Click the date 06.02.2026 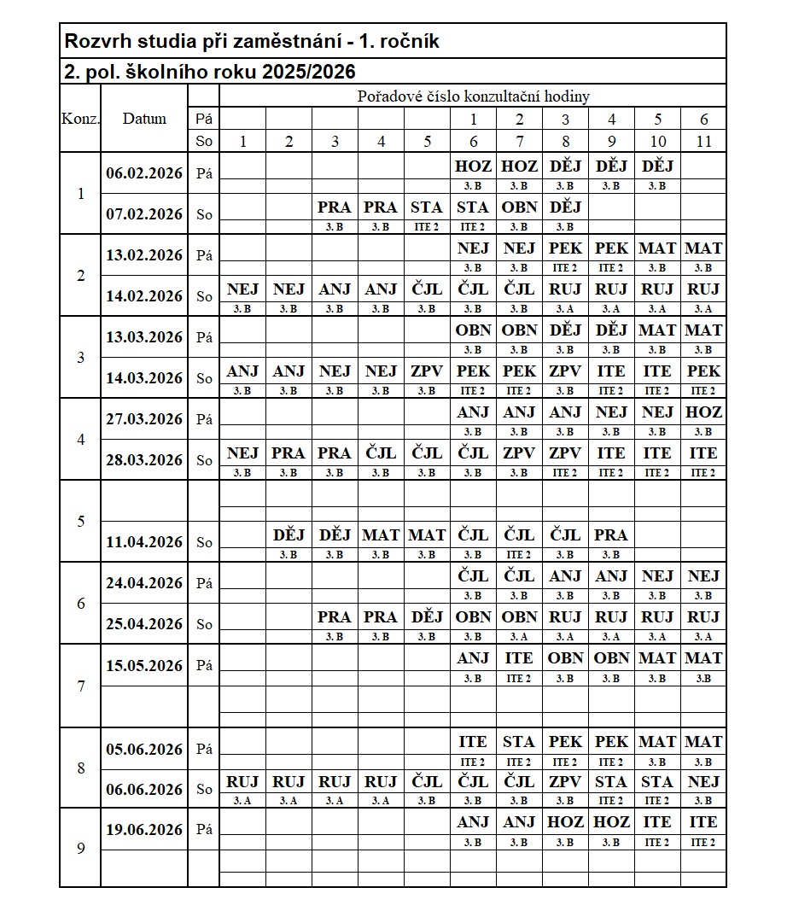144,173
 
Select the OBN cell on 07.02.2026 519,207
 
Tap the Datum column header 144,119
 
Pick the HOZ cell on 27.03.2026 703,412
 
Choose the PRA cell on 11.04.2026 611,535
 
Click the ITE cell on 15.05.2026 519,658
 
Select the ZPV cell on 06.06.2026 565,782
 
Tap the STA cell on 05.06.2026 519,742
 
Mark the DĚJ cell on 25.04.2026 427,617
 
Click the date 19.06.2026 144,829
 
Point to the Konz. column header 80,119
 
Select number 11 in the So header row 703,142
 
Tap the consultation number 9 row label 80,849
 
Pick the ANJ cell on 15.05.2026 473,658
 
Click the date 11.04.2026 144,542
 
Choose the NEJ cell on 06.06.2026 703,782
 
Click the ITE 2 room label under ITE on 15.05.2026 519,679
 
